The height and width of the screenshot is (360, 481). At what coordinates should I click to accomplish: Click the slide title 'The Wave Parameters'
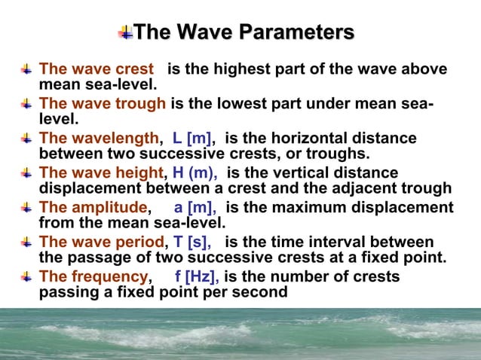click(x=244, y=32)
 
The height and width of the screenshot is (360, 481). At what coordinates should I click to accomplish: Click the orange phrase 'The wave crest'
click(x=96, y=69)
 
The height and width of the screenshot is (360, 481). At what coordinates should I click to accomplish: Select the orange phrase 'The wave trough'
click(x=102, y=104)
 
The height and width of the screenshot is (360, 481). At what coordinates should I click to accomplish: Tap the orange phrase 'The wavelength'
click(x=99, y=139)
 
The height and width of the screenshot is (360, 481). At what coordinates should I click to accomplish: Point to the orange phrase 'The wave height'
click(x=100, y=173)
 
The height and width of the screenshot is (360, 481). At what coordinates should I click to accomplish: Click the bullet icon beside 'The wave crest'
click(x=26, y=69)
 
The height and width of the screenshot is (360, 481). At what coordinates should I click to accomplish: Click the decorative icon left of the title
click(x=126, y=32)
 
